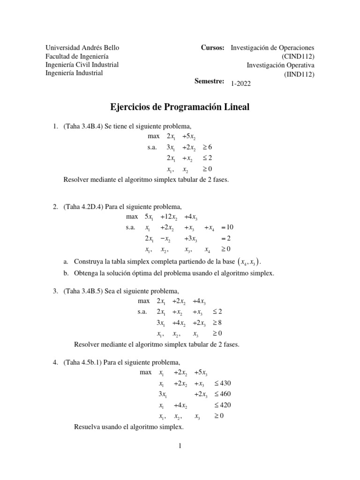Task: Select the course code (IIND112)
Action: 299,73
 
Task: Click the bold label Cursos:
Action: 212,48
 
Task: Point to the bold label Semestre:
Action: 210,81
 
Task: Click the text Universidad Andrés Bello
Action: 82,48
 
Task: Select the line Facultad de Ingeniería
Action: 74,56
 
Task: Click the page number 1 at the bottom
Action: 180,446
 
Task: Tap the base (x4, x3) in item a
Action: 243,261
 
